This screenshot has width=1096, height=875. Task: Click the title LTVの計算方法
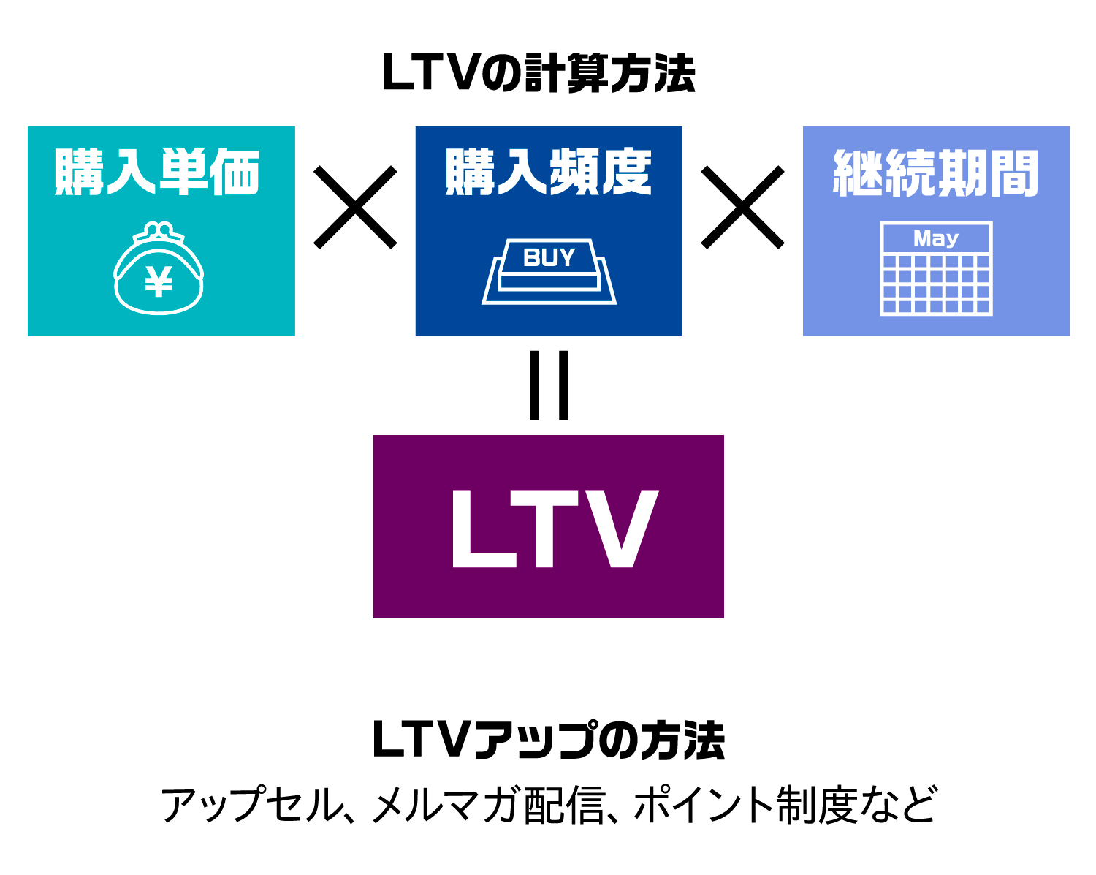[x=539, y=73]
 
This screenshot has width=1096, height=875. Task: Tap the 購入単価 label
[x=157, y=172]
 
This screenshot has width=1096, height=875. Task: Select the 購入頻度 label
[x=549, y=172]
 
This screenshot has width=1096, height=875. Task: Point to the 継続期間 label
[x=935, y=173]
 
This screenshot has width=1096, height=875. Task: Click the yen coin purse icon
[x=159, y=268]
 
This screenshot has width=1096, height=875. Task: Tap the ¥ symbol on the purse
[x=159, y=281]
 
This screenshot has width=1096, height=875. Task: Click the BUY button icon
[x=549, y=272]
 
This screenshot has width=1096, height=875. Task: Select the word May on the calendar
[x=936, y=238]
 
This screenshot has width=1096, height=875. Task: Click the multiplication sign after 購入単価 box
[x=355, y=207]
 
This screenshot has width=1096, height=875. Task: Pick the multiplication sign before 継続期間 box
[x=742, y=207]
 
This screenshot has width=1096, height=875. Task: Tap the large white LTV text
[x=555, y=529]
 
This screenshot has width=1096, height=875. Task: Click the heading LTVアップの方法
[x=549, y=740]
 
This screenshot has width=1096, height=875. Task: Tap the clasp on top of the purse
[x=159, y=232]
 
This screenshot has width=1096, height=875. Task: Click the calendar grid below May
[x=936, y=284]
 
